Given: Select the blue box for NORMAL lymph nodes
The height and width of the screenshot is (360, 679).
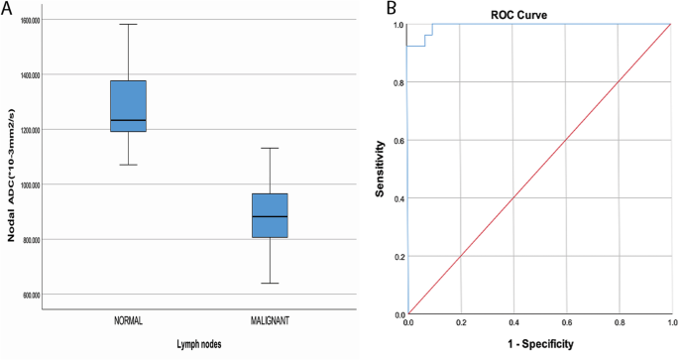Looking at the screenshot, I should click(128, 106).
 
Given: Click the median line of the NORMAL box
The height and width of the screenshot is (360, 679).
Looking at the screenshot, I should click(128, 120).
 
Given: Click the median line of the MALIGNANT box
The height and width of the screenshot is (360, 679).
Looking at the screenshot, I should click(270, 216).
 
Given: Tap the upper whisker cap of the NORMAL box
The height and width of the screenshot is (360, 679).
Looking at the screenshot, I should click(128, 24).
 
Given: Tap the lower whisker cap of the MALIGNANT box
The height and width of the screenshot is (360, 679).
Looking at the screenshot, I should click(270, 284).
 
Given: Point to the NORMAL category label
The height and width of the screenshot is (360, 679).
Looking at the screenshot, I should click(128, 323).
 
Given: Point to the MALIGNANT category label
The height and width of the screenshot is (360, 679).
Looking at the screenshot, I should click(270, 323).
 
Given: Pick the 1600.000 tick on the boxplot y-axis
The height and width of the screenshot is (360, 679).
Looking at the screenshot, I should click(56, 20).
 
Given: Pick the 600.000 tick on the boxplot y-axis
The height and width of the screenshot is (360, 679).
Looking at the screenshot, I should click(56, 295).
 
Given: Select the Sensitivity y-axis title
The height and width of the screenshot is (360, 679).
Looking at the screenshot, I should click(381, 167).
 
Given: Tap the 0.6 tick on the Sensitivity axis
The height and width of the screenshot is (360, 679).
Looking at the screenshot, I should click(398, 140).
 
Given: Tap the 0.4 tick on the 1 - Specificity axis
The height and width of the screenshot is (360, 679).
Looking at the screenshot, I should click(513, 323).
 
